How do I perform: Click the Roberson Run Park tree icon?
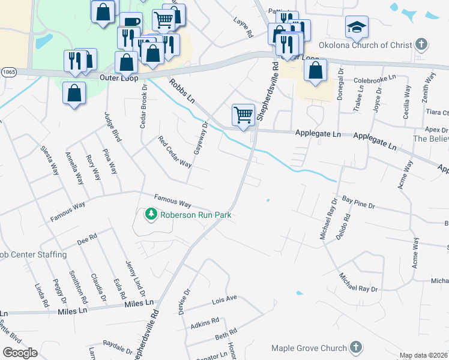point(151,214)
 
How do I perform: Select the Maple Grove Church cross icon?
point(355,348)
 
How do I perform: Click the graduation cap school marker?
point(357,27)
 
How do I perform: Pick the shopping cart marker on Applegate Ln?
point(243,114)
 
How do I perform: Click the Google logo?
point(20,353)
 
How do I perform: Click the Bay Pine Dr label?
point(358,202)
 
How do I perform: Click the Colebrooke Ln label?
point(375,79)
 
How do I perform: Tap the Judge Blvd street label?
point(113,127)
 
